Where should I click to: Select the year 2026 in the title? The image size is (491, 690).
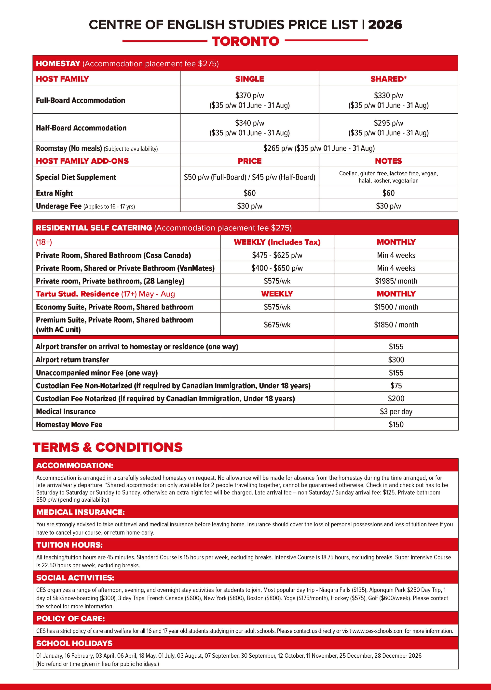point(385,25)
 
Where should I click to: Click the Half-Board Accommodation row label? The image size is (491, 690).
point(81,128)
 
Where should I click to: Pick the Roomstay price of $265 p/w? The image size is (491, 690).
point(319,148)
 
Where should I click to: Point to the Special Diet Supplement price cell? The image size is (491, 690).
point(249,177)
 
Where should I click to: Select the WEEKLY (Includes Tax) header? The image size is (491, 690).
point(277,242)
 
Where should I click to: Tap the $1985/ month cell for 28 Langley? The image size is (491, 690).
point(396,281)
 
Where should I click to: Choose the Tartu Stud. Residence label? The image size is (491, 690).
point(77,294)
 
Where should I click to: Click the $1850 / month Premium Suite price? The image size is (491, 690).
point(396,325)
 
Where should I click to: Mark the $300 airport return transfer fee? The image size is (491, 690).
point(396,360)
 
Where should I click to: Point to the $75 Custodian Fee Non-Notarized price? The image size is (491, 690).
point(396,386)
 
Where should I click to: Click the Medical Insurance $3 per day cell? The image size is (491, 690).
point(396,411)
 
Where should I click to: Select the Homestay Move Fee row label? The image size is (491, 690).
point(69,424)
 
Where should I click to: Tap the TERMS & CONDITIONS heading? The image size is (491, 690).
point(108,447)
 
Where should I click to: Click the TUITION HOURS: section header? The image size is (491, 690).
point(69,545)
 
